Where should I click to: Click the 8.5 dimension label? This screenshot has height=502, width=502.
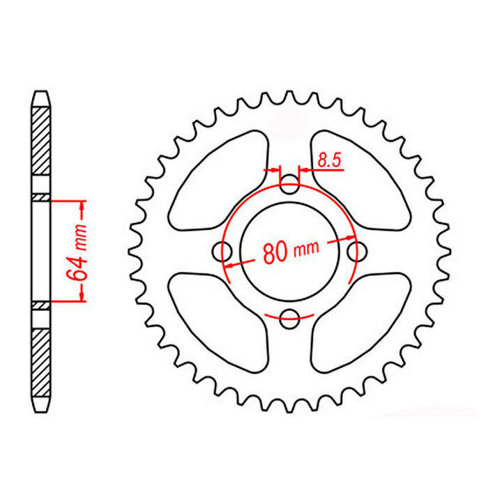point(328,160)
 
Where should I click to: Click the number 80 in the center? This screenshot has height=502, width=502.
point(277,251)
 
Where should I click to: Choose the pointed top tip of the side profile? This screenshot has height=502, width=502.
point(42,91)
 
